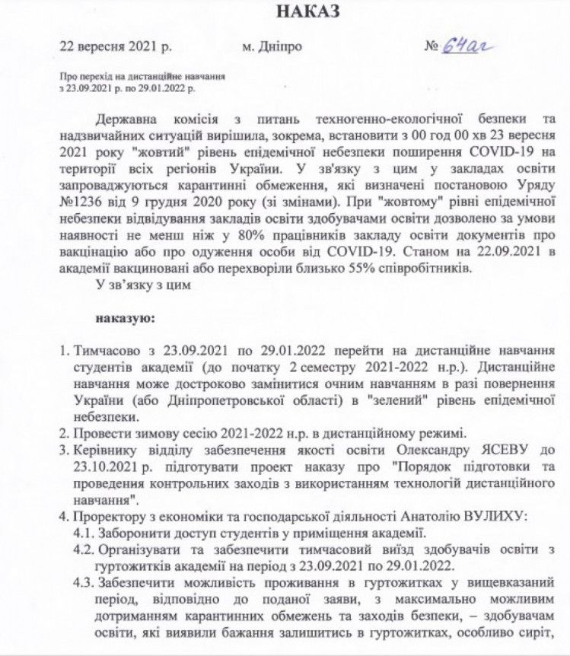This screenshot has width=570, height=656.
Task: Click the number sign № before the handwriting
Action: tap(431, 47)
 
